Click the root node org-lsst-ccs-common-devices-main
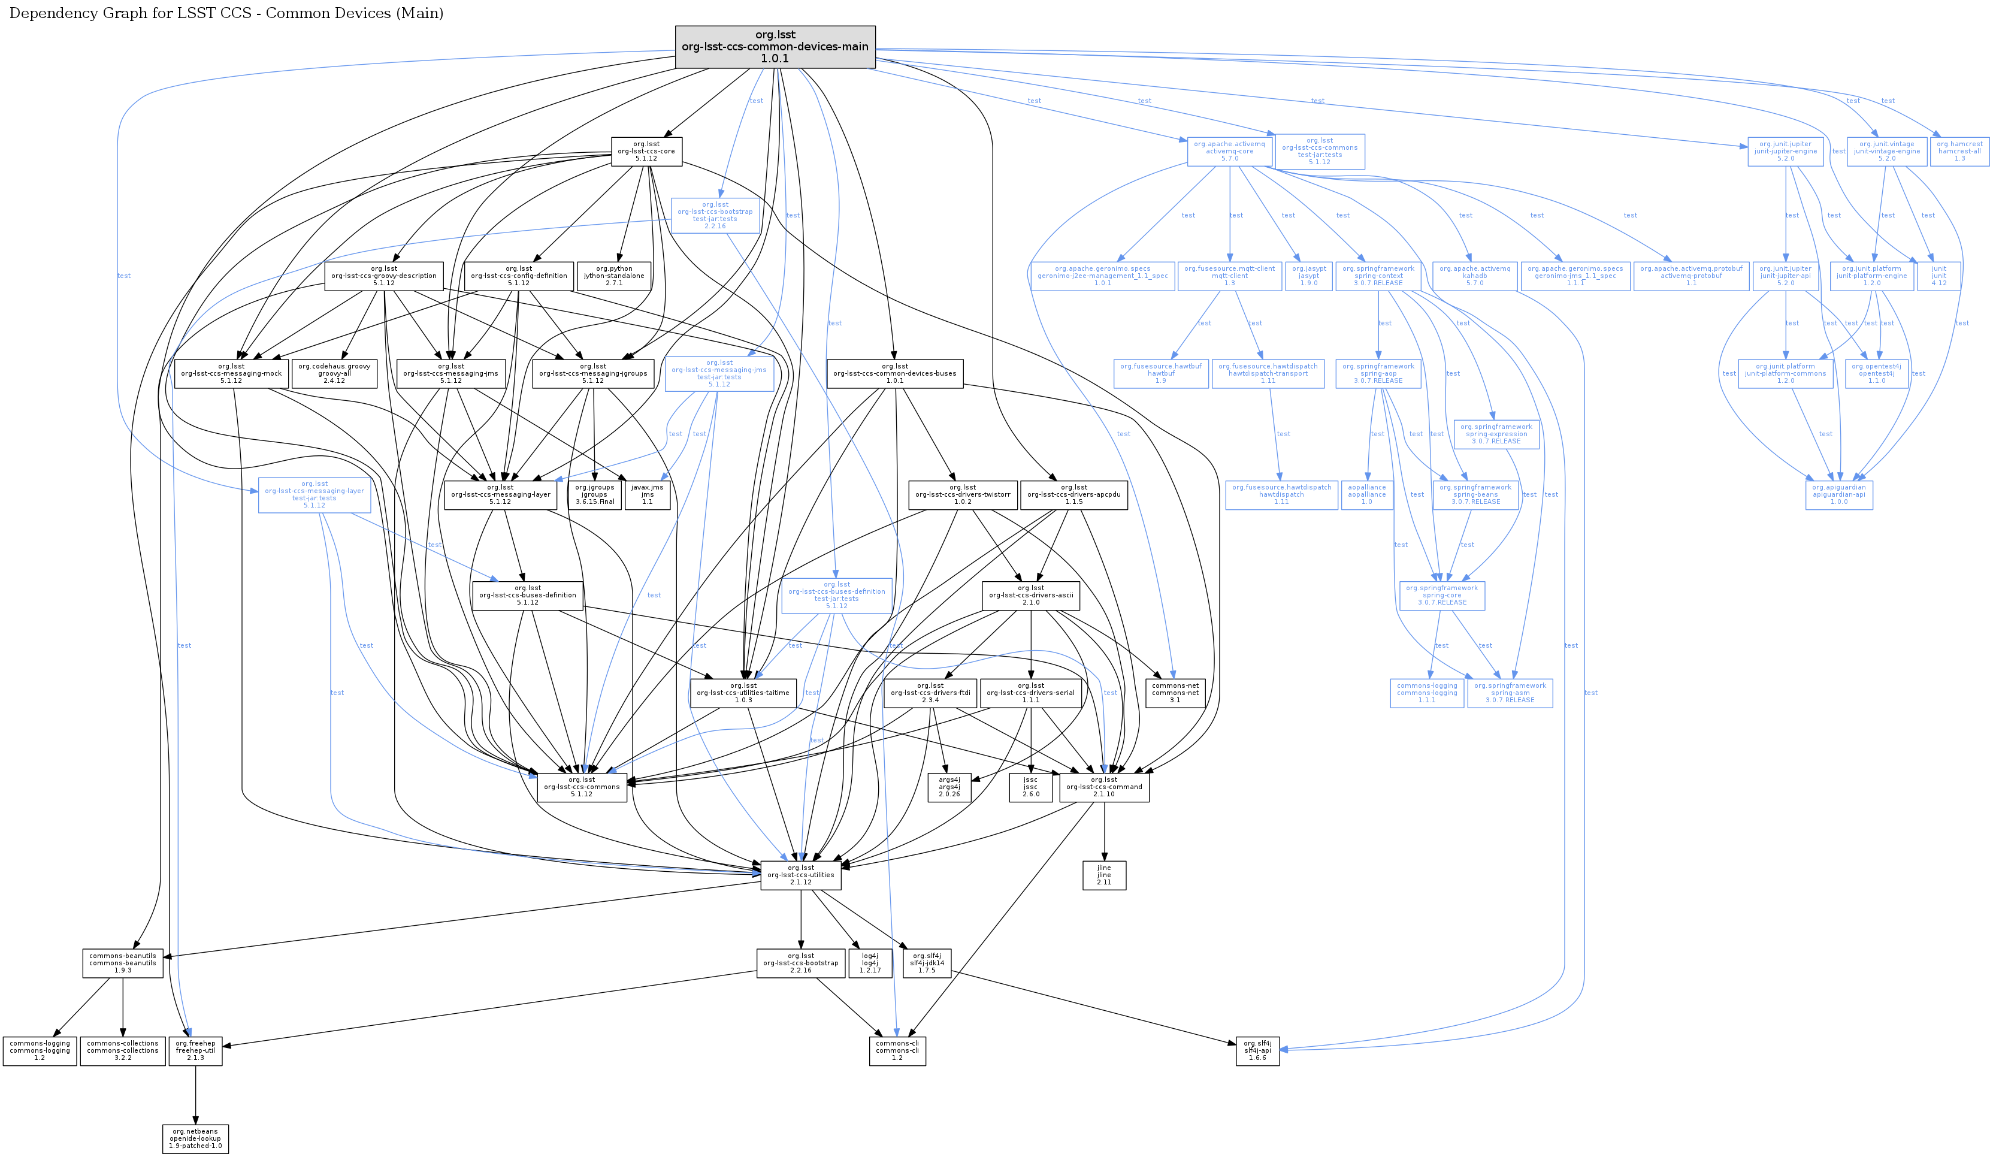tap(775, 47)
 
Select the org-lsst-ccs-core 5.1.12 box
tap(646, 151)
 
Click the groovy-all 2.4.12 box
tap(334, 373)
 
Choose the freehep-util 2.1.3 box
tap(195, 1050)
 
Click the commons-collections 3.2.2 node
tap(123, 1050)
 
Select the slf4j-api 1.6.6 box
tap(1257, 1050)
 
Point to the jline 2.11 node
tap(1103, 875)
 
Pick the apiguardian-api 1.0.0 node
tap(1839, 494)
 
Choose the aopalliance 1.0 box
tap(1366, 494)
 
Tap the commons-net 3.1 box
tap(1175, 693)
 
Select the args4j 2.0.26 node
tap(949, 787)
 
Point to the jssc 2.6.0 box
tap(1030, 787)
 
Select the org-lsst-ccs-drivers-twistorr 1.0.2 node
tap(963, 494)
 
